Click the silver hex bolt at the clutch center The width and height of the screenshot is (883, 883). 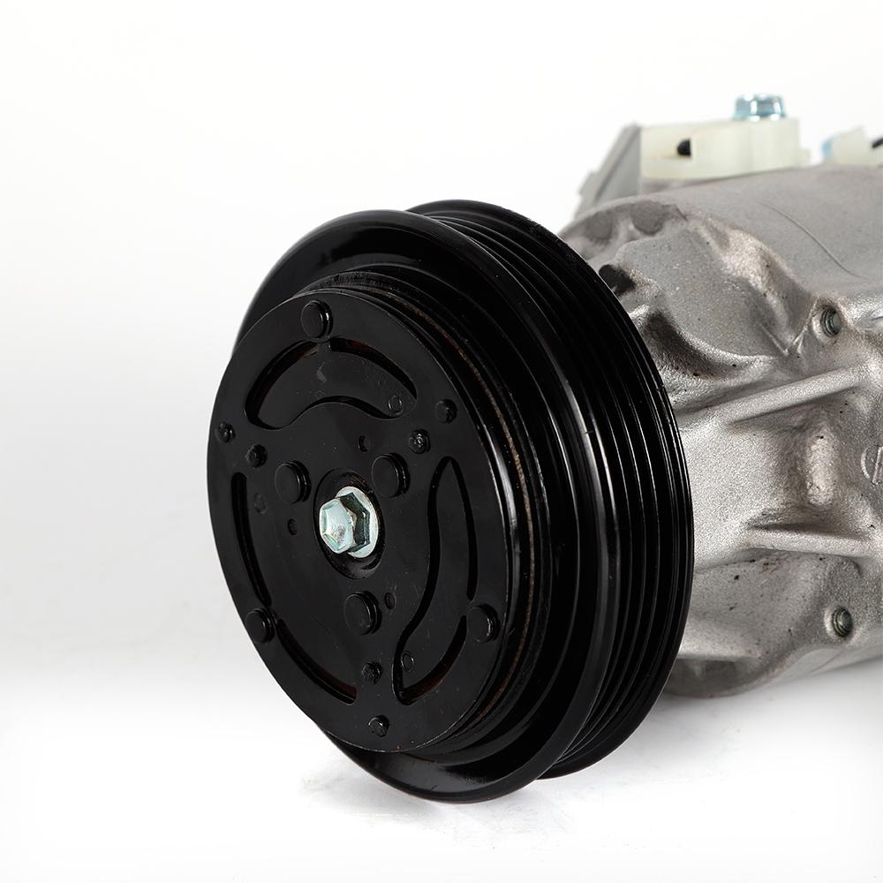pyautogui.click(x=346, y=523)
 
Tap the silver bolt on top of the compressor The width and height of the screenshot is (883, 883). pyautogui.click(x=758, y=107)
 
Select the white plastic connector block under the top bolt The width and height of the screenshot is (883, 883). pyautogui.click(x=724, y=147)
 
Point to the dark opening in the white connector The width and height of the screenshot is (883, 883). pyautogui.click(x=683, y=147)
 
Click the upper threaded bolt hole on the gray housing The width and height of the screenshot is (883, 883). pyautogui.click(x=830, y=321)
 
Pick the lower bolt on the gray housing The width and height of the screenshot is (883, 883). pyautogui.click(x=841, y=622)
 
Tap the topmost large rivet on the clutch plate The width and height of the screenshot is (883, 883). pyautogui.click(x=316, y=319)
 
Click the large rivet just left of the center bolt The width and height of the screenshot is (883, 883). pyautogui.click(x=291, y=482)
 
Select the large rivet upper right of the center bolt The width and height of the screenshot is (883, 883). pyautogui.click(x=389, y=475)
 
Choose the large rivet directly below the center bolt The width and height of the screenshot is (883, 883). pyautogui.click(x=361, y=612)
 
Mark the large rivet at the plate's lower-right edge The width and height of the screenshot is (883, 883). pyautogui.click(x=482, y=623)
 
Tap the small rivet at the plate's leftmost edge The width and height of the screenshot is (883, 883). pyautogui.click(x=225, y=433)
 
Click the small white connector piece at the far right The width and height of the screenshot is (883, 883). pyautogui.click(x=852, y=146)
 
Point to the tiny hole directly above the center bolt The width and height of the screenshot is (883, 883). pyautogui.click(x=362, y=443)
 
